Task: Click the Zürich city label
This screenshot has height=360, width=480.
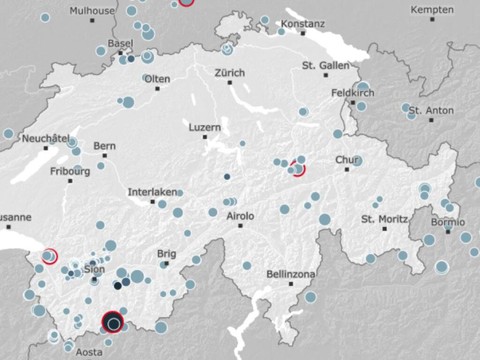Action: click(228, 73)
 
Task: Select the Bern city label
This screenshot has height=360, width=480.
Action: click(105, 146)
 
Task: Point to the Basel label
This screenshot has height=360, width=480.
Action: click(120, 45)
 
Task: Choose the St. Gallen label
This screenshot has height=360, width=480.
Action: click(324, 65)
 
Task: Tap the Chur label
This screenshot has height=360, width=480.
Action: click(347, 160)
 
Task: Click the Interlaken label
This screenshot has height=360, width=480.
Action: click(151, 192)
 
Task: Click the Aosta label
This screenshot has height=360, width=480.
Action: click(90, 352)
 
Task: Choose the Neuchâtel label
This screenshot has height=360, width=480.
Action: click(44, 137)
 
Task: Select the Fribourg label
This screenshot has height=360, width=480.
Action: click(70, 171)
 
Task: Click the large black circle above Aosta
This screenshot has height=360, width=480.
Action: click(113, 323)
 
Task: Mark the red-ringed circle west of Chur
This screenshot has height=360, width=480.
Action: click(298, 169)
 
